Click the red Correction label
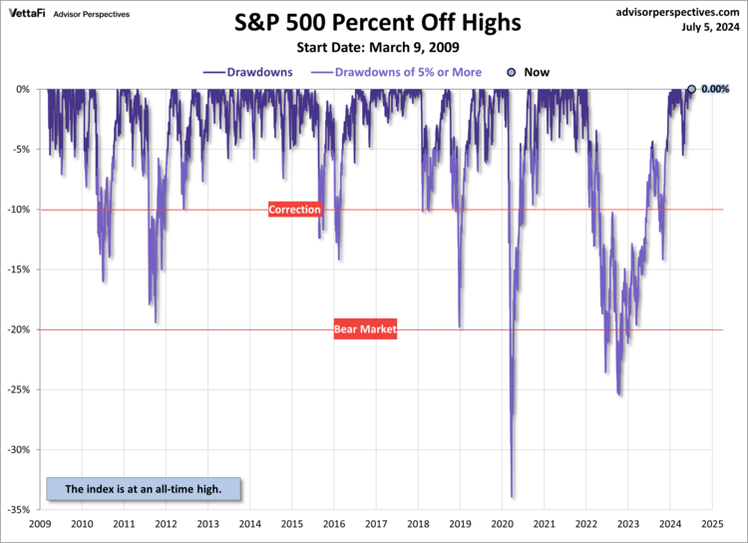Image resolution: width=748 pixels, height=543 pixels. pyautogui.click(x=295, y=210)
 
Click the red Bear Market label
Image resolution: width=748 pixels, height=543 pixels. pyautogui.click(x=365, y=329)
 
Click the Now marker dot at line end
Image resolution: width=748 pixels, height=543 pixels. pyautogui.click(x=691, y=89)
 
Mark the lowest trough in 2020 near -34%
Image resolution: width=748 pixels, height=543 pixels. pyautogui.click(x=512, y=496)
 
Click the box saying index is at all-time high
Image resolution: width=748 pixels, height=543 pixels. pyautogui.click(x=144, y=489)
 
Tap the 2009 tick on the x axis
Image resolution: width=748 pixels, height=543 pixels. pyautogui.click(x=41, y=523)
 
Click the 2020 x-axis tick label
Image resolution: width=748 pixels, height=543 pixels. pyautogui.click(x=503, y=523)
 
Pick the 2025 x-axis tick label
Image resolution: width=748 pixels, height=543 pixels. pyautogui.click(x=712, y=523)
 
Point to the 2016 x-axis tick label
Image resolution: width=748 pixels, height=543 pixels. pyautogui.click(x=334, y=523)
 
